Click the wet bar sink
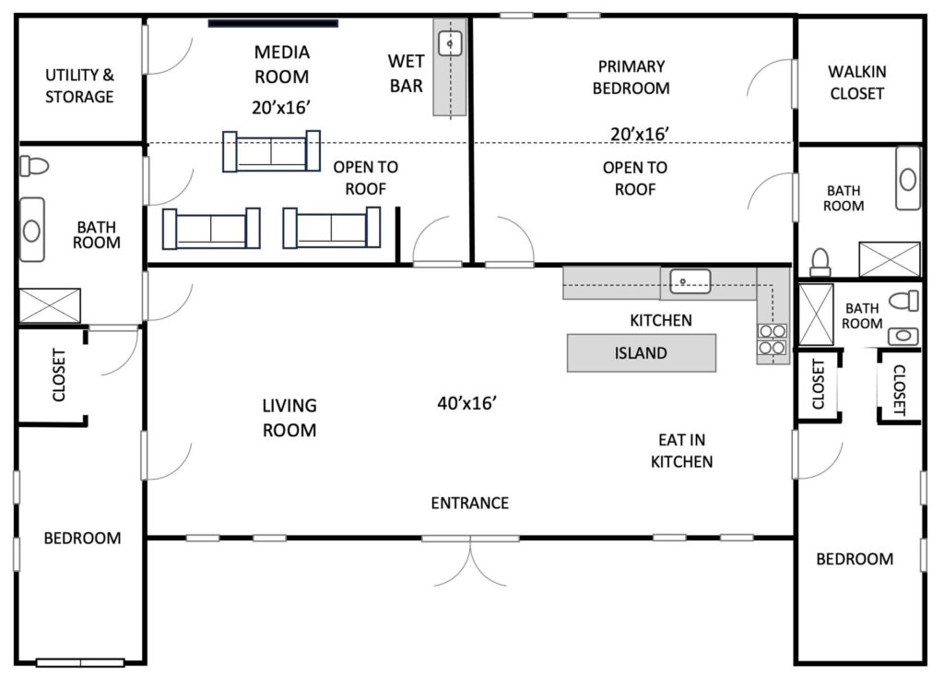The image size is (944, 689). pyautogui.click(x=450, y=43)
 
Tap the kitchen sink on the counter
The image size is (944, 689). pyautogui.click(x=690, y=281)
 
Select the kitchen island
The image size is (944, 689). pyautogui.click(x=642, y=353)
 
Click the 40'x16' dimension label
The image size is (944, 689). pyautogui.click(x=467, y=403)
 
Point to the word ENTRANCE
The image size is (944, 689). pyautogui.click(x=469, y=503)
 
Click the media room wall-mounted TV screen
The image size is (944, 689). pyautogui.click(x=273, y=23)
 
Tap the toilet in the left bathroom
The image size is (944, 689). pyautogui.click(x=34, y=166)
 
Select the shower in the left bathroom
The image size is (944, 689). pyautogui.click(x=50, y=305)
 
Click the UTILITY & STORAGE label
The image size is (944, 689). pyautogui.click(x=79, y=86)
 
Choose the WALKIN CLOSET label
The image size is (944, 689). pyautogui.click(x=856, y=82)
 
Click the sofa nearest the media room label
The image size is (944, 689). pyautogui.click(x=271, y=151)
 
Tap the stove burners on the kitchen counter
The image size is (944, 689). pyautogui.click(x=772, y=339)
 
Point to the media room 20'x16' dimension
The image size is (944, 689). pyautogui.click(x=281, y=107)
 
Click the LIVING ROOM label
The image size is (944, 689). pyautogui.click(x=289, y=418)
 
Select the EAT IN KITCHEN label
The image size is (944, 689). pyautogui.click(x=681, y=450)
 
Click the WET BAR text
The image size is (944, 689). pyautogui.click(x=407, y=74)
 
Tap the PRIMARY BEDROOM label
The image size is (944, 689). pyautogui.click(x=631, y=77)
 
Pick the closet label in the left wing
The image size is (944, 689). pyautogui.click(x=59, y=374)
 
